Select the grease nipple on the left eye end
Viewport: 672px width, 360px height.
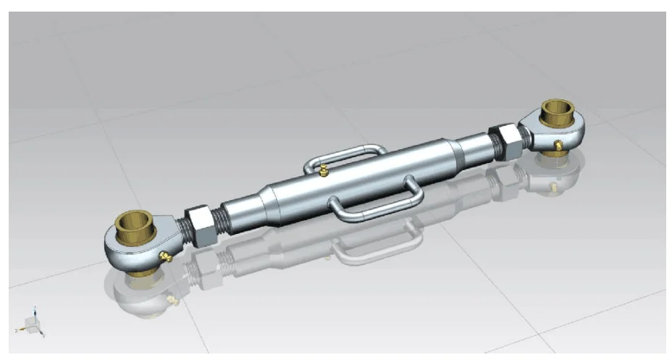click(x=166, y=256)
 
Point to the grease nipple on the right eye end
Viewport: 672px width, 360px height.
click(x=558, y=146)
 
